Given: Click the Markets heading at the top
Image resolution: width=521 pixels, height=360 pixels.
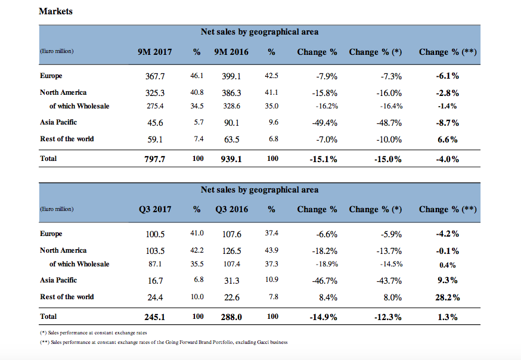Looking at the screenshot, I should (x=55, y=11).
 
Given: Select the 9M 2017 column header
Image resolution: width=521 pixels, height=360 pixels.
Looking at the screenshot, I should (x=154, y=52).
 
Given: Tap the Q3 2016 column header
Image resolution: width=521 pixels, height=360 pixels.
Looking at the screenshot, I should (x=231, y=209).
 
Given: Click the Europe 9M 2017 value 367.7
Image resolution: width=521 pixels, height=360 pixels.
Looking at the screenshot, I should (x=155, y=76).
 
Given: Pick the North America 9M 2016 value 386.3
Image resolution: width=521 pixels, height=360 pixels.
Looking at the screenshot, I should (x=231, y=93).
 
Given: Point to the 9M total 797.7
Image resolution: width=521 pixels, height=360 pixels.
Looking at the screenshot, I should (x=154, y=159).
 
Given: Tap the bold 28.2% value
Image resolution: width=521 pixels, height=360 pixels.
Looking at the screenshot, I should (x=447, y=297).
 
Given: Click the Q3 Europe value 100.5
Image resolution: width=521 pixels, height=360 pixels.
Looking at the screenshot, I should (x=155, y=234).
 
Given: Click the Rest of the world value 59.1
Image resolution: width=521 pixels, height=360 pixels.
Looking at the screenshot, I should (x=155, y=139).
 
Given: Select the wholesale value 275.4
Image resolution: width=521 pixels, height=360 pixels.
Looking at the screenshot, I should (x=155, y=106).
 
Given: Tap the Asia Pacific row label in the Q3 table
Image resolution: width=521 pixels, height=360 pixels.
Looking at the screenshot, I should (x=58, y=280).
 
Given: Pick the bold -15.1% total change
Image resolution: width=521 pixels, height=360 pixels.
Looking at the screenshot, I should (x=324, y=159).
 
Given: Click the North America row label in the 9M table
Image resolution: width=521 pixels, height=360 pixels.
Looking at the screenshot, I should (x=63, y=92).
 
